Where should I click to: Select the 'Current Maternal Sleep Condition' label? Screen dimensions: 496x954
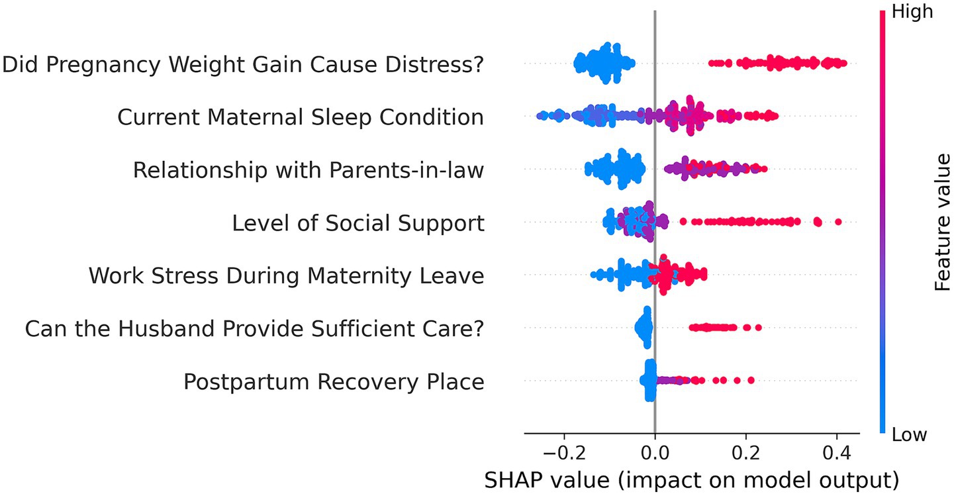(301, 117)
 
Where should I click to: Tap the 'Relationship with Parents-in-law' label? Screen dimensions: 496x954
(309, 170)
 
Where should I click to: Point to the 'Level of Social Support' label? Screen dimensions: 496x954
(358, 223)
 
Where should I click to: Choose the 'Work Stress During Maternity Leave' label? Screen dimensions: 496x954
(286, 275)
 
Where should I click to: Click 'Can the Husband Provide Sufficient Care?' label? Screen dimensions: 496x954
(254, 328)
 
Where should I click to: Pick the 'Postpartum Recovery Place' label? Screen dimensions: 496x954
(334, 381)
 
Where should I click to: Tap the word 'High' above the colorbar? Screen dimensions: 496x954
(913, 11)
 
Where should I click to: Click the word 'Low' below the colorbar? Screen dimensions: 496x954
(910, 434)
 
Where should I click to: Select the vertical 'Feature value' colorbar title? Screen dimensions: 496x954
(941, 223)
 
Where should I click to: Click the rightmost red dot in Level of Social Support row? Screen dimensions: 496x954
(838, 222)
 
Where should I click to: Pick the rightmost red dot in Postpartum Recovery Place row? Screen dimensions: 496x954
(751, 380)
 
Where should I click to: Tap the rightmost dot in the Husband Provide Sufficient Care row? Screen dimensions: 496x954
(758, 327)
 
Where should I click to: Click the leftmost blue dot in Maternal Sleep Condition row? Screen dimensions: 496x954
(540, 116)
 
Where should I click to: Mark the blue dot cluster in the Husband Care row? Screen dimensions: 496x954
(644, 327)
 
